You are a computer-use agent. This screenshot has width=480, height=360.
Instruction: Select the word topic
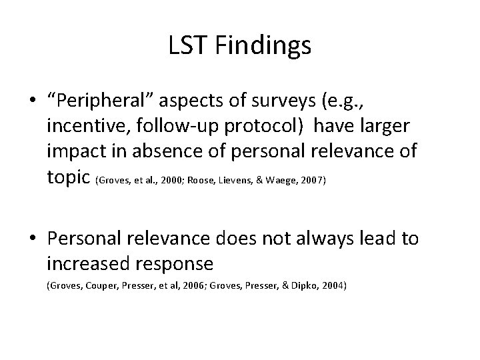pyautogui.click(x=69, y=176)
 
